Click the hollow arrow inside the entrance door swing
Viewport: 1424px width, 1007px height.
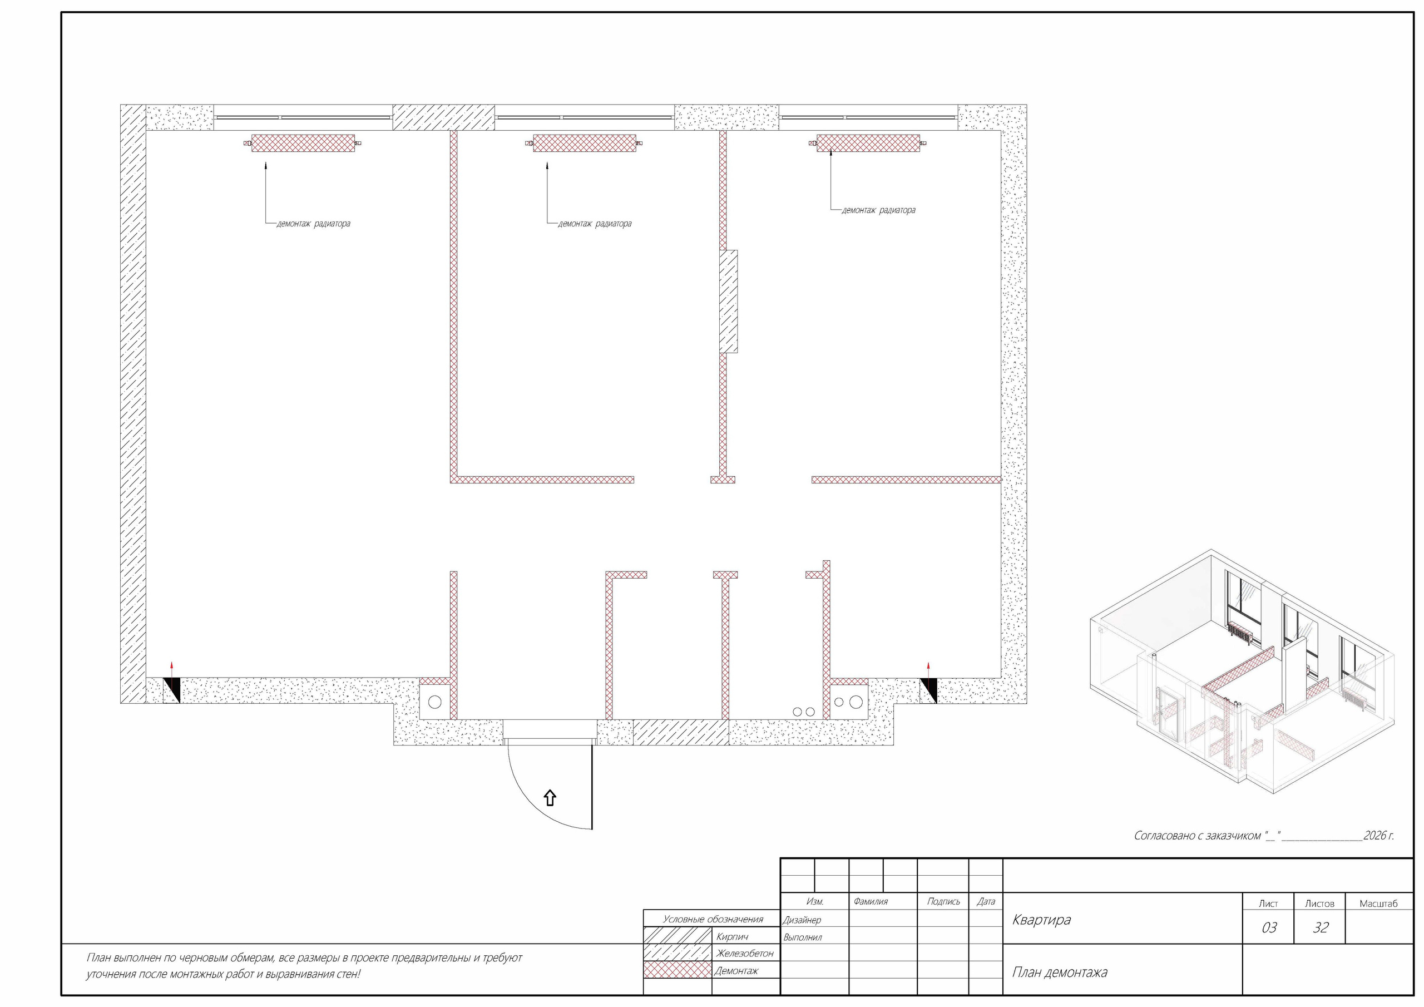pyautogui.click(x=550, y=798)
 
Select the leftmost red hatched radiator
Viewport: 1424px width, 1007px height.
pyautogui.click(x=303, y=144)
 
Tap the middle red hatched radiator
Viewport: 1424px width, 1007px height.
pyautogui.click(x=585, y=144)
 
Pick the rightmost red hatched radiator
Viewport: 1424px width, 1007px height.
pyautogui.click(x=868, y=144)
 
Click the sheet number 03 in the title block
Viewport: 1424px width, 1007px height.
pyautogui.click(x=1269, y=927)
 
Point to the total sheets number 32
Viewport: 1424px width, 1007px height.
pyautogui.click(x=1321, y=927)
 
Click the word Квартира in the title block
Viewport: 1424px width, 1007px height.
pyautogui.click(x=1041, y=920)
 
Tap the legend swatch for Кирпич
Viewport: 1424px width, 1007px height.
pyautogui.click(x=678, y=936)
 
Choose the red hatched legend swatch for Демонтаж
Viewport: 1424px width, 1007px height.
pyautogui.click(x=678, y=970)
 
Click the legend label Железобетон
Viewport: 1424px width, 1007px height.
pyautogui.click(x=744, y=953)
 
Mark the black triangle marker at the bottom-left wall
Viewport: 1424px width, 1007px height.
pyautogui.click(x=172, y=690)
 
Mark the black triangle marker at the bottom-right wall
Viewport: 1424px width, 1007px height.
pyautogui.click(x=928, y=690)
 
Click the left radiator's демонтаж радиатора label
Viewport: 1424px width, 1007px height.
pyautogui.click(x=313, y=223)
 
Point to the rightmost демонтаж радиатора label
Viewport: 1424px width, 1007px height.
pyautogui.click(x=878, y=210)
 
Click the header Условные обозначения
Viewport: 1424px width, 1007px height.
pyautogui.click(x=713, y=919)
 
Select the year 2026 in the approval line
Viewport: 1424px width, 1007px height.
pyautogui.click(x=1374, y=835)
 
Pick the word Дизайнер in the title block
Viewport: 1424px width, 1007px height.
pyautogui.click(x=802, y=920)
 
